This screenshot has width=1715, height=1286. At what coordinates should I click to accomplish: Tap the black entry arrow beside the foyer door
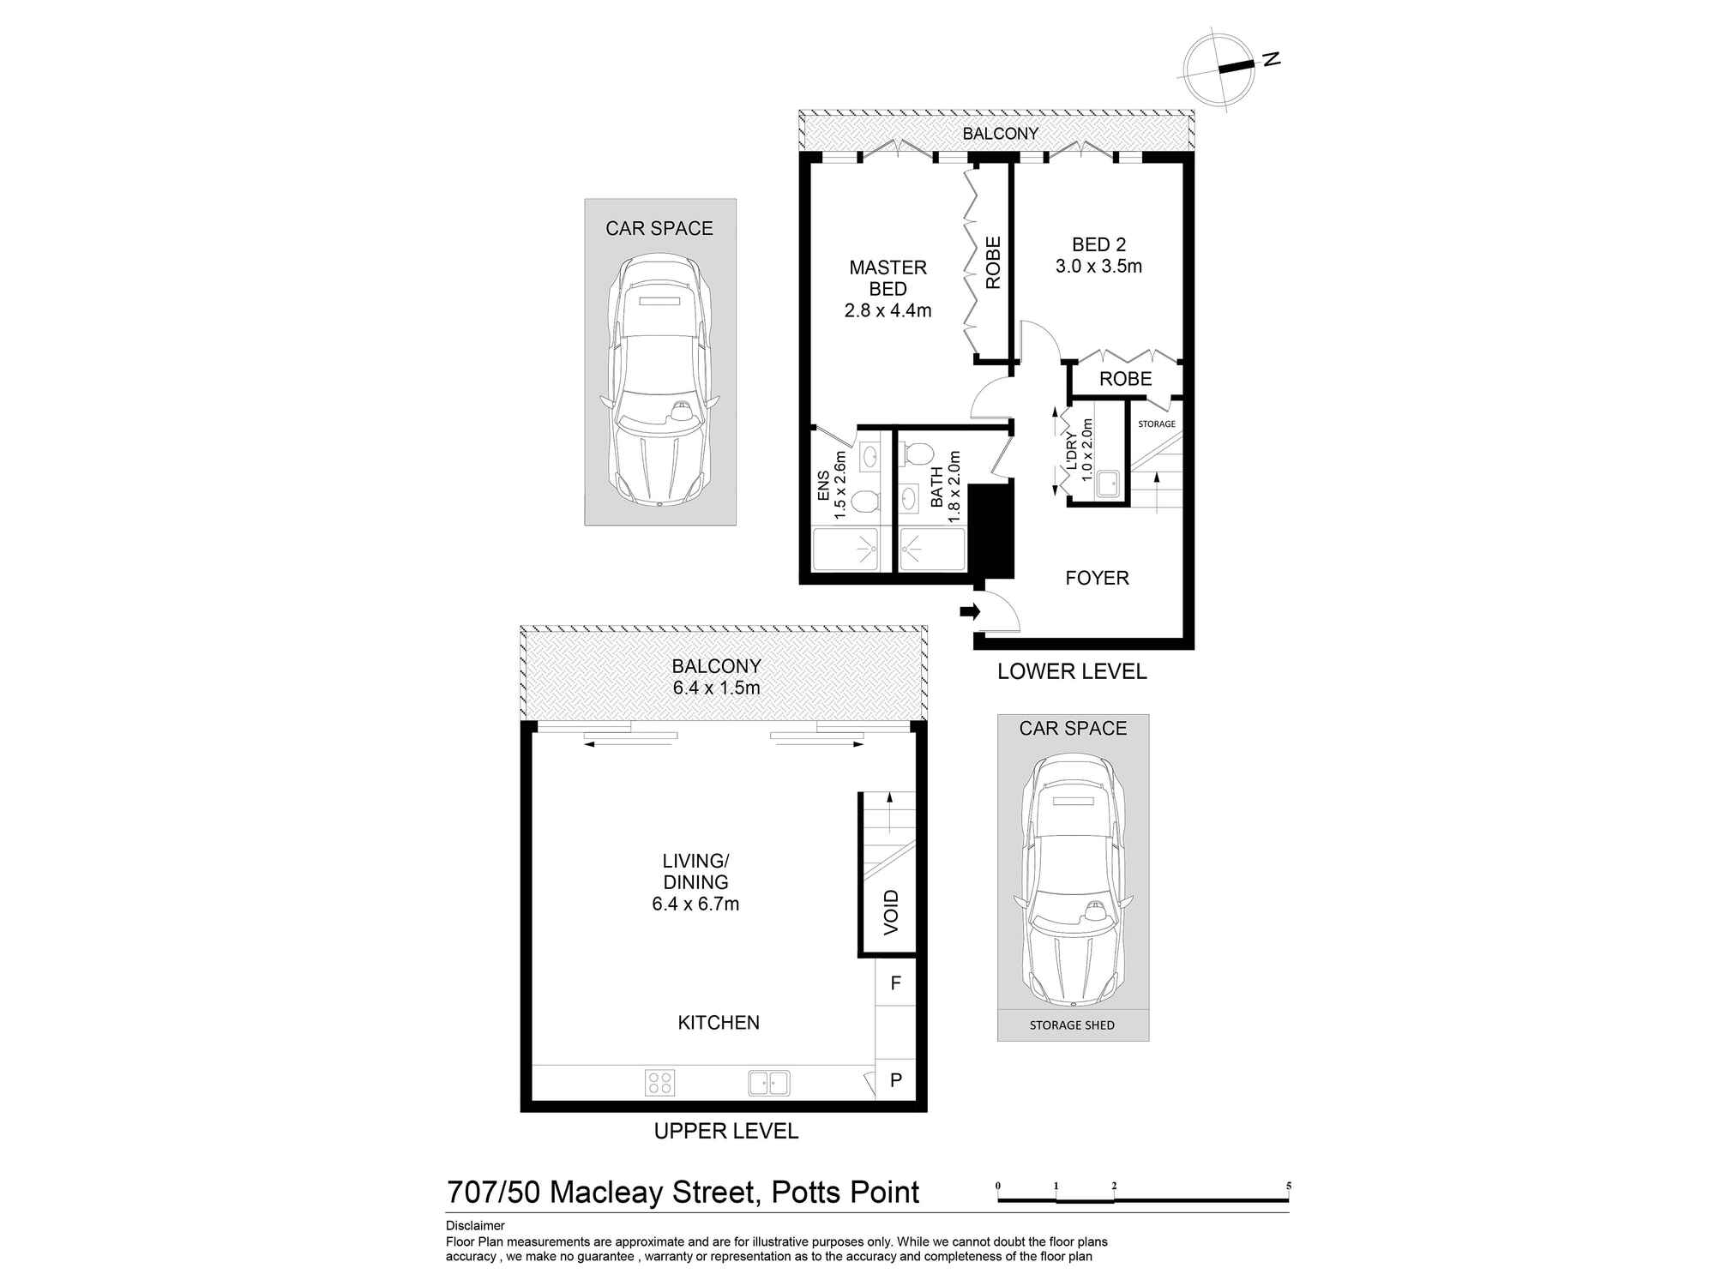tap(970, 611)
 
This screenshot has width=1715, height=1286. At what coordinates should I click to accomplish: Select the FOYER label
tap(1097, 578)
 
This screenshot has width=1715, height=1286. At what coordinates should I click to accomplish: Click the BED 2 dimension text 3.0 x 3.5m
tap(1098, 266)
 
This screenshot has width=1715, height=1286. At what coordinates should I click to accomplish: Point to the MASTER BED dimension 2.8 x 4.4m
tap(888, 310)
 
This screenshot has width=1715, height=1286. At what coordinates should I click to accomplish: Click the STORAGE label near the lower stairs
tap(1156, 424)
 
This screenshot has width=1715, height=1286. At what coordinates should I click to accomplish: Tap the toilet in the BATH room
tap(917, 454)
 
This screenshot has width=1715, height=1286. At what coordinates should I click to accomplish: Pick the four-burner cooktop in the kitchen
tap(660, 1082)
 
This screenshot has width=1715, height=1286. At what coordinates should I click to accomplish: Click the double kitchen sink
tap(769, 1082)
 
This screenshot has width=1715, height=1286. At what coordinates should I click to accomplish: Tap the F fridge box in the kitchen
tap(895, 983)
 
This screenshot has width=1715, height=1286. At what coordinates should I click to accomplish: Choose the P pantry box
tap(895, 1080)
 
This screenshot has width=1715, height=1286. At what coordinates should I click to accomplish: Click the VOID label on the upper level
tap(891, 912)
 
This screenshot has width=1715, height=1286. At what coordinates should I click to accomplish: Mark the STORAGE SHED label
tap(1072, 1025)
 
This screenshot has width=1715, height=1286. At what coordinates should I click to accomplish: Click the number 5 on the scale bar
tap(1288, 1186)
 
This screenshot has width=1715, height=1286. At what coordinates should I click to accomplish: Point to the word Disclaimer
tap(475, 1226)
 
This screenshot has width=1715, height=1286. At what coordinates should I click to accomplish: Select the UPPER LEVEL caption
tap(726, 1131)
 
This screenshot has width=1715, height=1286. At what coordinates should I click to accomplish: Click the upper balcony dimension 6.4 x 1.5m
tap(716, 688)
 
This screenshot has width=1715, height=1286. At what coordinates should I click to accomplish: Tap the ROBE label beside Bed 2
tap(1125, 379)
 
